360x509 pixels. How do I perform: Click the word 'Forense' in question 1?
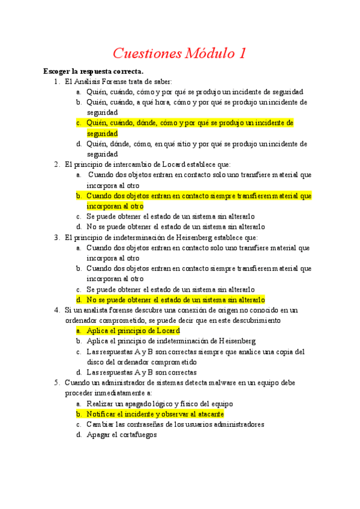(118, 82)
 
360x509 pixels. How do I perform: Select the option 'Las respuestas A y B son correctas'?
(141, 372)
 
